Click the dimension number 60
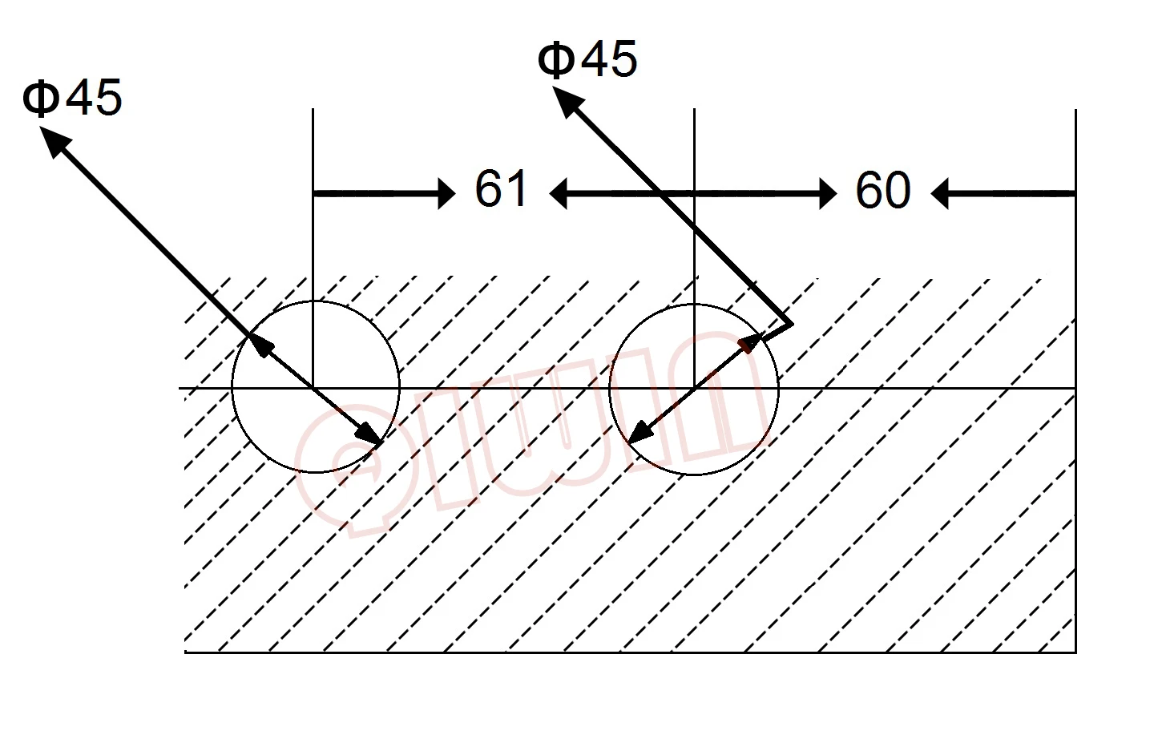click(883, 191)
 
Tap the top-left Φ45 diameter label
click(73, 98)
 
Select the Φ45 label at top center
click(588, 59)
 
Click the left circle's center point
click(313, 389)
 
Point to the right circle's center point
click(694, 389)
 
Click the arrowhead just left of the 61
click(446, 193)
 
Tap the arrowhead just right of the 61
click(559, 193)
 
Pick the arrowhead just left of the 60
click(828, 193)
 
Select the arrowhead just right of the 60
click(940, 193)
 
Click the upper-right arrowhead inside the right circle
click(750, 342)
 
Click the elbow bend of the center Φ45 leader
click(792, 324)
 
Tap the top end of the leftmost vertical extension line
click(313, 110)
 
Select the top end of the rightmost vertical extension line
click(1075, 110)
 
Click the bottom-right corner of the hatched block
click(1075, 652)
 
